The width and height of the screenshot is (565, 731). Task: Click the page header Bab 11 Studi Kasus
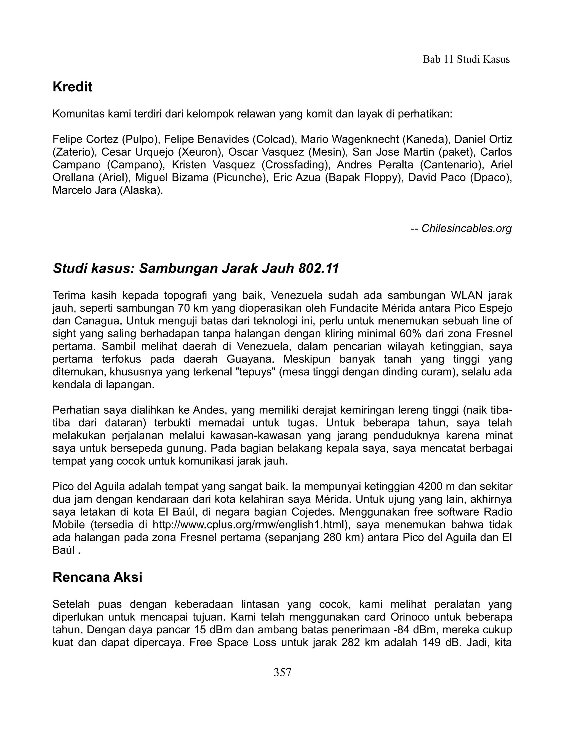point(466,60)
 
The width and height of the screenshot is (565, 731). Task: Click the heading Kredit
point(72,87)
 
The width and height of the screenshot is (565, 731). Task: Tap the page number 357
point(282,672)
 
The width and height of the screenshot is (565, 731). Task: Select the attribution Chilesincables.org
point(466,229)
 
